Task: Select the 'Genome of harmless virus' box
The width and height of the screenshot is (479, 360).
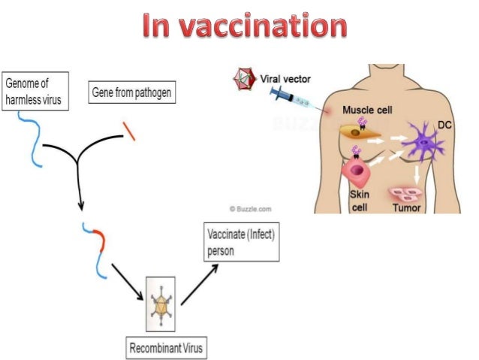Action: [35, 91]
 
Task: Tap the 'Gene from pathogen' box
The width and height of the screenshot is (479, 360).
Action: [131, 93]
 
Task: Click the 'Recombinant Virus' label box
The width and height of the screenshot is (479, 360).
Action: [164, 348]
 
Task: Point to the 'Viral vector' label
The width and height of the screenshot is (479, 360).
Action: [285, 77]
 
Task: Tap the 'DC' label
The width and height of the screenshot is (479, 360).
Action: [444, 126]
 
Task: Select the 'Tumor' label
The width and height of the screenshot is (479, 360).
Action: [407, 207]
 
